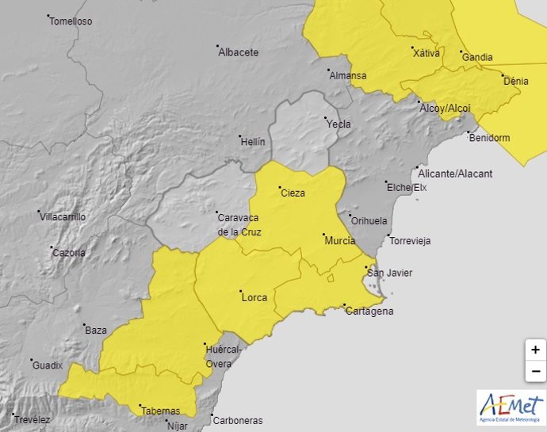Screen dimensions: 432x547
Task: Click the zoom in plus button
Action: click(536, 350)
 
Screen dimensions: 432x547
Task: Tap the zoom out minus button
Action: click(536, 370)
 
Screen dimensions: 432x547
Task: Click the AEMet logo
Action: click(511, 407)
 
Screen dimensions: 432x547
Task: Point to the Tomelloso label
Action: click(71, 21)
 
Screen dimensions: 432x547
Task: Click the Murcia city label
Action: click(339, 240)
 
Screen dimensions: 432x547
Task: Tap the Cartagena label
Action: click(369, 311)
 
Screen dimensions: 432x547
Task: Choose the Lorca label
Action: click(254, 297)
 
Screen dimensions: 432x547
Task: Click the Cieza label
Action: click(292, 193)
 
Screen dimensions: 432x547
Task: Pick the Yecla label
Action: click(338, 124)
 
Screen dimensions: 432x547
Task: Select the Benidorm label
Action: click(489, 137)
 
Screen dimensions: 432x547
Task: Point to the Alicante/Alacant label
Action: click(455, 174)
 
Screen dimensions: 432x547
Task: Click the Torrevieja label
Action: click(409, 241)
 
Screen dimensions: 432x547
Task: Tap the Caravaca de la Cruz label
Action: click(239, 224)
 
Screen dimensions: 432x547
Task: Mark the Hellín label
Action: click(252, 141)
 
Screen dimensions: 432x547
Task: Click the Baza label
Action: click(96, 330)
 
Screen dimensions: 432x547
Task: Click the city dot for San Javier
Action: click(365, 268)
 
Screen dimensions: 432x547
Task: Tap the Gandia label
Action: click(476, 57)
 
